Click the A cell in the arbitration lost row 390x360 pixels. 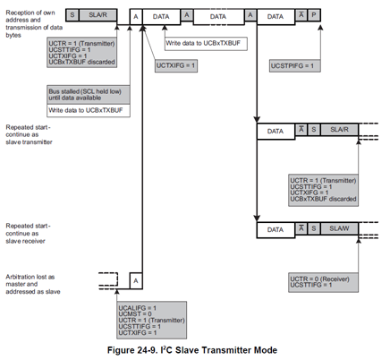[x=134, y=279]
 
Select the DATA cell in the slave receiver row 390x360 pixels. [x=276, y=230]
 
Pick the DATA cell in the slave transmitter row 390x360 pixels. [x=276, y=132]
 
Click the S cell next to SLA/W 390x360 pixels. [x=314, y=230]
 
